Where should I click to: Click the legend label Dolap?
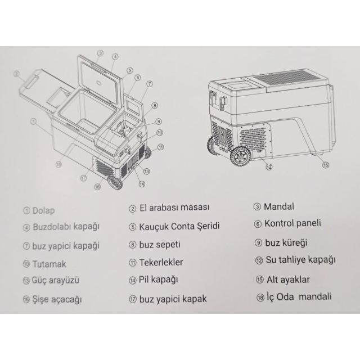44,210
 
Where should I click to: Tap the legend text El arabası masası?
174,208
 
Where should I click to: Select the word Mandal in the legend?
279,206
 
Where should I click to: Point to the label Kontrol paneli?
292,223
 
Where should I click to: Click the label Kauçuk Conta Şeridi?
179,226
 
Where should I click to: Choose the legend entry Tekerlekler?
161,262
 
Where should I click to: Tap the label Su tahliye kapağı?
300,260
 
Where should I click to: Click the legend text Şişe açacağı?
57,299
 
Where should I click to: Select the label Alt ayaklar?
288,280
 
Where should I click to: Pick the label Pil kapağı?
159,280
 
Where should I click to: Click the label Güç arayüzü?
56,280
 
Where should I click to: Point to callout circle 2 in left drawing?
16,74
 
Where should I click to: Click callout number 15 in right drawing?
326,165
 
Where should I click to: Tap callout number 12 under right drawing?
269,167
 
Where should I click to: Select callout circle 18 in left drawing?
58,164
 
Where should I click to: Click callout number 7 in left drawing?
149,84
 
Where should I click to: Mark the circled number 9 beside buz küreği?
258,242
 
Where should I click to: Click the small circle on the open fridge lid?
100,83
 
